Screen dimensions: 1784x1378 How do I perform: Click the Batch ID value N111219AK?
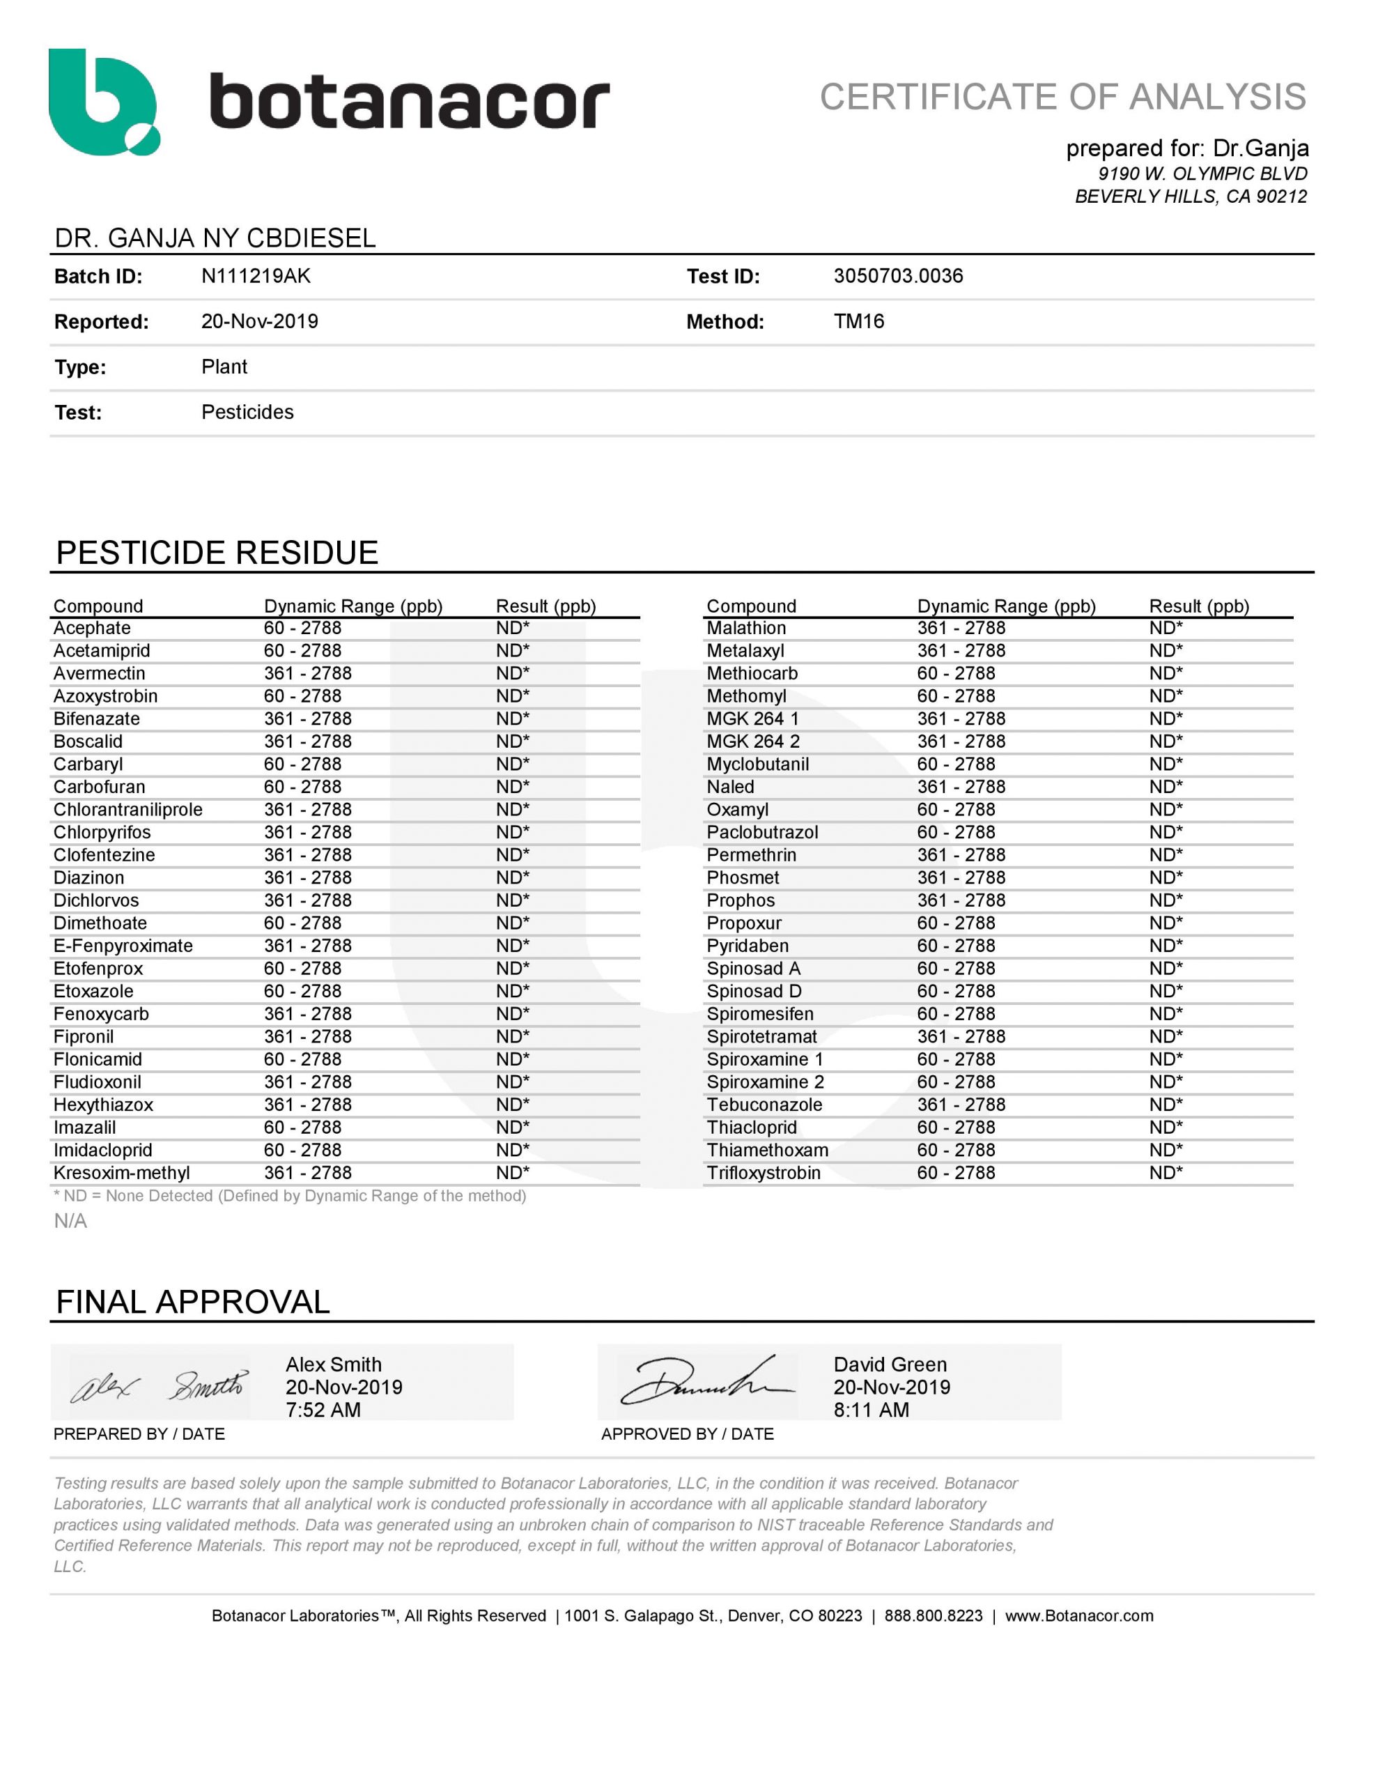pyautogui.click(x=256, y=276)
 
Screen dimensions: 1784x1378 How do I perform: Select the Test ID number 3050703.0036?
pyautogui.click(x=898, y=276)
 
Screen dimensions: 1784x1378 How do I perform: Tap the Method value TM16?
pyautogui.click(x=858, y=321)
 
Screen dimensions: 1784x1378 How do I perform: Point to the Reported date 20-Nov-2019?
pyautogui.click(x=260, y=321)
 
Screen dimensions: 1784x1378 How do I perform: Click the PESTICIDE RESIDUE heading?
pyautogui.click(x=217, y=553)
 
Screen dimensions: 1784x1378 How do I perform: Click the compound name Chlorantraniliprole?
pyautogui.click(x=127, y=810)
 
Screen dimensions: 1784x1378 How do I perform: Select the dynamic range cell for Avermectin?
pyautogui.click(x=307, y=673)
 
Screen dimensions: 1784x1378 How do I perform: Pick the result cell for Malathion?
pyautogui.click(x=1166, y=628)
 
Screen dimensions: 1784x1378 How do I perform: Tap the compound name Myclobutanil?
pyautogui.click(x=757, y=764)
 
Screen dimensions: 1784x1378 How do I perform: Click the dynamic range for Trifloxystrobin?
pyautogui.click(x=956, y=1172)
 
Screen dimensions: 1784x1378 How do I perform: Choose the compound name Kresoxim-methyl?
pyautogui.click(x=121, y=1172)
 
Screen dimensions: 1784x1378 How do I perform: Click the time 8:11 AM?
pyautogui.click(x=871, y=1410)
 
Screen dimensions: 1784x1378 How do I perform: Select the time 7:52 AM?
pyautogui.click(x=323, y=1410)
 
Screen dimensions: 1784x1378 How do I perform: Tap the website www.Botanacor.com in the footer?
pyautogui.click(x=1078, y=1616)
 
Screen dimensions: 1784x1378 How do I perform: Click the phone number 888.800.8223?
pyautogui.click(x=933, y=1616)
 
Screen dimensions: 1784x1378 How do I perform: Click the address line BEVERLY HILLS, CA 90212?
pyautogui.click(x=1190, y=197)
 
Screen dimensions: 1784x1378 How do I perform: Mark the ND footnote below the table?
pyautogui.click(x=289, y=1196)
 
